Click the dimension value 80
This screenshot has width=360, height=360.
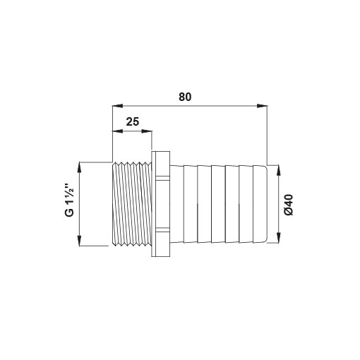(185, 97)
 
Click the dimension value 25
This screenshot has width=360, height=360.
(133, 121)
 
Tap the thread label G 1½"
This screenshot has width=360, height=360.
(70, 200)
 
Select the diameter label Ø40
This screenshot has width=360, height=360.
(289, 205)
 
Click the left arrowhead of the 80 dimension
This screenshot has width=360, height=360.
(118, 106)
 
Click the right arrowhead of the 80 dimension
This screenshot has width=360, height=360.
(262, 106)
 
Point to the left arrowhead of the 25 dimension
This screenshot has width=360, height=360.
(118, 131)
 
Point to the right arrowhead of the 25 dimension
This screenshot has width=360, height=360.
(147, 131)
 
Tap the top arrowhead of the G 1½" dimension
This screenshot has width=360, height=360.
(79, 168)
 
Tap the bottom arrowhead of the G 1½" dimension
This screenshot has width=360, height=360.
(79, 241)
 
